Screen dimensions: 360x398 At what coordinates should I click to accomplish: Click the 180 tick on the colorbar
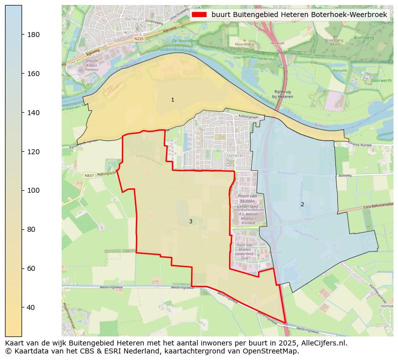[22, 35]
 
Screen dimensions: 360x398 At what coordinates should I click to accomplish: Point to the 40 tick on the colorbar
[22, 307]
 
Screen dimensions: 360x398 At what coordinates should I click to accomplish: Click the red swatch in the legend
[199, 15]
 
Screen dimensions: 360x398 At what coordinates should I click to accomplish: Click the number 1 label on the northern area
[172, 100]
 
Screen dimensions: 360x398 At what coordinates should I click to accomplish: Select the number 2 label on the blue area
[302, 204]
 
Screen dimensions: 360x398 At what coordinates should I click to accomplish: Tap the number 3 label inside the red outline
[190, 221]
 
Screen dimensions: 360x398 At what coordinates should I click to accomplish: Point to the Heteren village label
[236, 156]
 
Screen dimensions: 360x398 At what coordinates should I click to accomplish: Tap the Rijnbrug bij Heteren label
[283, 94]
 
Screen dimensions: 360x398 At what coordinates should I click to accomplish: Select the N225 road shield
[139, 39]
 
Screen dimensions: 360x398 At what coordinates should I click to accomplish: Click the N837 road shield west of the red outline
[89, 175]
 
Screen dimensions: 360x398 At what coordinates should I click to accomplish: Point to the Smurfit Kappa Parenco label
[92, 65]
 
